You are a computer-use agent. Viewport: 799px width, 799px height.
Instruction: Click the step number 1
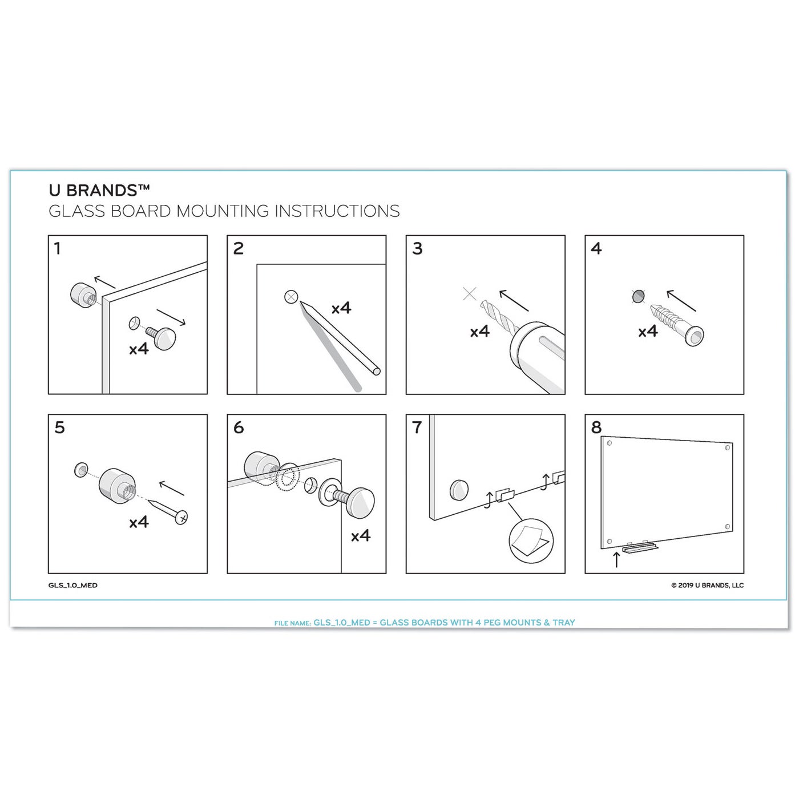(58, 249)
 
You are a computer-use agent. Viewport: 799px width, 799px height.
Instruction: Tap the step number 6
(239, 427)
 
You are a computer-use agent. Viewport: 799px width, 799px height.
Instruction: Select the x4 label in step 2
(341, 308)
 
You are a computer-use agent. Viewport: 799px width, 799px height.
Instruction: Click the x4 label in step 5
(139, 522)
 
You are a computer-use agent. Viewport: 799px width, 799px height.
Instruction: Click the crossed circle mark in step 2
(292, 297)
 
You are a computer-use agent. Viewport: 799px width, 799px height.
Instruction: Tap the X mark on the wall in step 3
(470, 294)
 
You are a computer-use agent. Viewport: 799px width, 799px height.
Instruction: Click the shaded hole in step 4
(639, 296)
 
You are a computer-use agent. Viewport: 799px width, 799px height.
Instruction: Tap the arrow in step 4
(681, 301)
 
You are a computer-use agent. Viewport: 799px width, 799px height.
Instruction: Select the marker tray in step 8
(639, 548)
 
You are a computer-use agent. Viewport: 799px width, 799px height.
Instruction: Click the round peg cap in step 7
(459, 490)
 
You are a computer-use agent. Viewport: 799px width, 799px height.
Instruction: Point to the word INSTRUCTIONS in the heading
(337, 211)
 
